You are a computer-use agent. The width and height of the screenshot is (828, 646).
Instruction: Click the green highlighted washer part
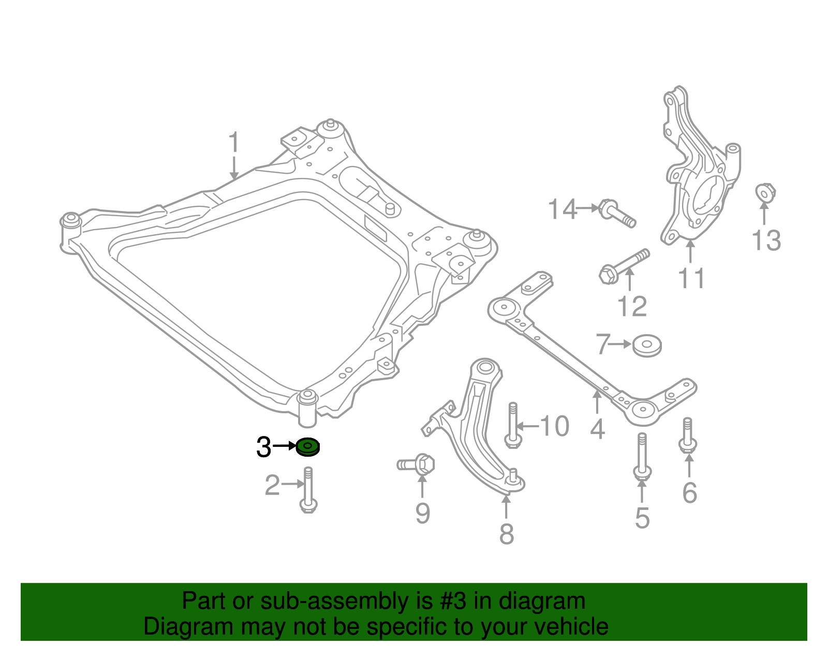click(x=308, y=447)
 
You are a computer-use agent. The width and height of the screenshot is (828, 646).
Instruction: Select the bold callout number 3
click(x=263, y=447)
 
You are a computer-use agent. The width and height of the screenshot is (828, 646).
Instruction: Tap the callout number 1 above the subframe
click(x=234, y=142)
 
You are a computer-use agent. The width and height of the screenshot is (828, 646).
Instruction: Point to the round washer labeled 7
click(x=647, y=345)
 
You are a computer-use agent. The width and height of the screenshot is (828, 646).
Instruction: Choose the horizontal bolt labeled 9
click(x=417, y=464)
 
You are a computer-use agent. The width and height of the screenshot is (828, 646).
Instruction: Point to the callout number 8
click(x=506, y=534)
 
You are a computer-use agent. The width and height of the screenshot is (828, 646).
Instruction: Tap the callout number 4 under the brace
click(x=597, y=429)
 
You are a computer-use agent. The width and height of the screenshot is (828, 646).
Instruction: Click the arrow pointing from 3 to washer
click(x=284, y=445)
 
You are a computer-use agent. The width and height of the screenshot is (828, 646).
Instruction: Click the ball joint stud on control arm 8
click(x=513, y=474)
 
